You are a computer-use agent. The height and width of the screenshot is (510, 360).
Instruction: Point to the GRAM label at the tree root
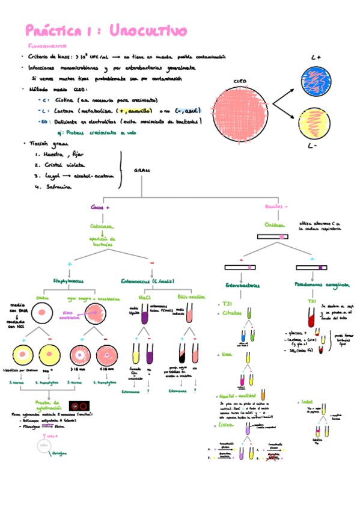(x=142, y=170)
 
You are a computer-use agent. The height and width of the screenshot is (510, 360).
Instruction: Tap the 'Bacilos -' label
(x=276, y=207)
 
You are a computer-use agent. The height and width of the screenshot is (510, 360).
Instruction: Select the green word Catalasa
(x=102, y=227)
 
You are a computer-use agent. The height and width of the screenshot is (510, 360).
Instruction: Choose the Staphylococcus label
(x=68, y=280)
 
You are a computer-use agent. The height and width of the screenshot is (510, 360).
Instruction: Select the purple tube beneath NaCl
(x=145, y=316)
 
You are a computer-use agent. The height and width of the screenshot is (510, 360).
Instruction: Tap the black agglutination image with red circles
(x=79, y=407)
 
